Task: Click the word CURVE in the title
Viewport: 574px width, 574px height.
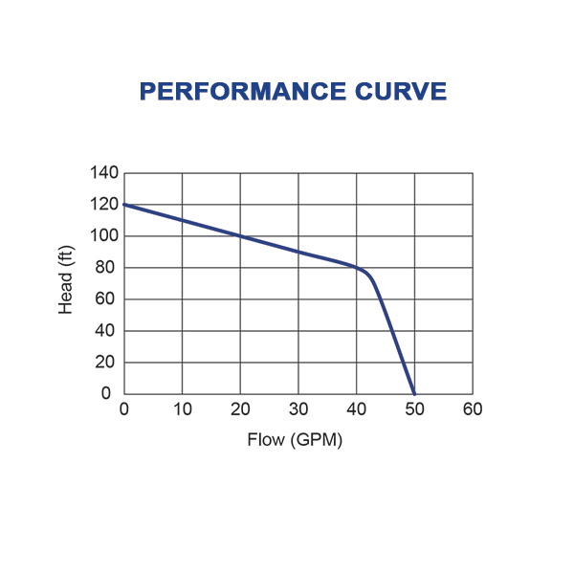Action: point(405,91)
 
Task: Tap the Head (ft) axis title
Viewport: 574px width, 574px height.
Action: point(66,283)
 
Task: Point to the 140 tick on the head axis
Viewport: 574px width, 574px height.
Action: point(105,173)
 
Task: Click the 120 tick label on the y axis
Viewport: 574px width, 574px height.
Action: point(105,205)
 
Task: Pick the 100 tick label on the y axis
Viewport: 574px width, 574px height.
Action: point(105,236)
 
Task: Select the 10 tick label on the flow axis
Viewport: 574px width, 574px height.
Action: point(183,409)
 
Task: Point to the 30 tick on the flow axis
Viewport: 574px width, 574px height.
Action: point(298,409)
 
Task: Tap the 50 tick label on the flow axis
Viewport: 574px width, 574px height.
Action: point(414,409)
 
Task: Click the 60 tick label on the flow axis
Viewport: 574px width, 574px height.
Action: point(473,409)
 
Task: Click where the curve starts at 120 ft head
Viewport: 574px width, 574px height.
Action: point(124,205)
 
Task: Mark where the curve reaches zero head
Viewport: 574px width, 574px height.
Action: point(414,393)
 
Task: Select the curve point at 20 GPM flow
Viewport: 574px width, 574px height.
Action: point(240,236)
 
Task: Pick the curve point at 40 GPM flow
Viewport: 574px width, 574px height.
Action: point(356,268)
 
